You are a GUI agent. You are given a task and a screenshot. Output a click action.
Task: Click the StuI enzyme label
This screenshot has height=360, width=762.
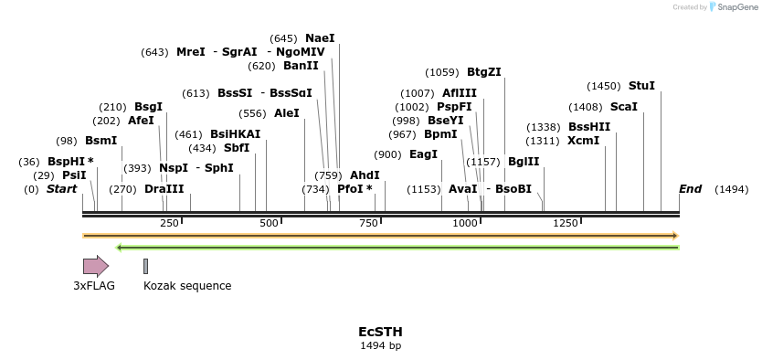(641, 86)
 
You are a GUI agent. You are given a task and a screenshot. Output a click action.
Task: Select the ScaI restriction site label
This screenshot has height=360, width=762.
(623, 107)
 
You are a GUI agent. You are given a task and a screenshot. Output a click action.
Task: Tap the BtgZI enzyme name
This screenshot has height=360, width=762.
(484, 72)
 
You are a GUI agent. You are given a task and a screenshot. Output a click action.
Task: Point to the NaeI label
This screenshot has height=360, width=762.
(320, 38)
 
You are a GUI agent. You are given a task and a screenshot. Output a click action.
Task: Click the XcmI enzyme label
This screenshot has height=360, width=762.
(583, 141)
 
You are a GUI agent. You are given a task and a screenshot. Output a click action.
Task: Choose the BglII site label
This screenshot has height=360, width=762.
(524, 162)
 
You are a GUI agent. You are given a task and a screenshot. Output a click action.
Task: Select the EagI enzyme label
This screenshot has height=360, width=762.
(423, 154)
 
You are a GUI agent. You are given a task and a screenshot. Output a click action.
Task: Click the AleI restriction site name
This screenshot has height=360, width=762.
(287, 113)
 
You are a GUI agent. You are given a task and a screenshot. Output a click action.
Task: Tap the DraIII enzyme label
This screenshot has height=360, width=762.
(164, 189)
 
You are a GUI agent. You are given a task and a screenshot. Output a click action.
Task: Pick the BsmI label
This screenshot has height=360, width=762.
(101, 141)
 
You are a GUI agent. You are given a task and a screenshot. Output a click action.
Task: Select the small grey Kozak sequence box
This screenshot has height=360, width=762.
(145, 266)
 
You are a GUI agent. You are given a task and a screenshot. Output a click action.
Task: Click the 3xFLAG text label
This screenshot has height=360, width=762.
(94, 286)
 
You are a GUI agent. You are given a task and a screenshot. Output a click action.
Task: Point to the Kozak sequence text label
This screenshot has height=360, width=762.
(187, 286)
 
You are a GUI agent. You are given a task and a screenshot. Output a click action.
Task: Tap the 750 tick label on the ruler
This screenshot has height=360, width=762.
(368, 223)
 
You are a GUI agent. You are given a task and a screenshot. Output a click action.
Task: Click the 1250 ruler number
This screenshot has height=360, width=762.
(566, 223)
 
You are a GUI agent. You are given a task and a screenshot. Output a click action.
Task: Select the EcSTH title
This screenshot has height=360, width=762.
(380, 332)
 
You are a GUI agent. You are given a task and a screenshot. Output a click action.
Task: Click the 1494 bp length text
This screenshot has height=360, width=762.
(380, 346)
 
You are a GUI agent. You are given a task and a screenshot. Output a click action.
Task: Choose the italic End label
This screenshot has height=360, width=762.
(690, 189)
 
